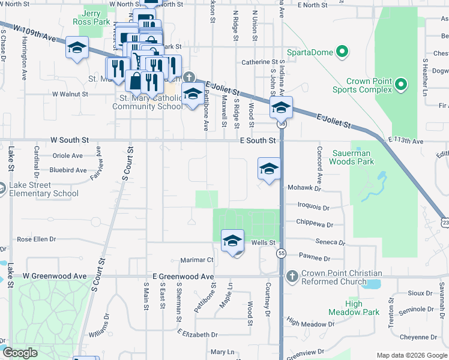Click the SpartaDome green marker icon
pyautogui.click(x=343, y=52)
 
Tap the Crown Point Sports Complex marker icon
pyautogui.click(x=402, y=89)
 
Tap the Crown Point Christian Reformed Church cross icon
pyautogui.click(x=292, y=277)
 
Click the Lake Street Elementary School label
pyautogui.click(x=44, y=189)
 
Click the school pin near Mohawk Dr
pyautogui.click(x=270, y=170)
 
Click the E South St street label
pyautogui.click(x=258, y=140)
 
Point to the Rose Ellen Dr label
pyautogui.click(x=36, y=239)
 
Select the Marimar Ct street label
pyautogui.click(x=197, y=260)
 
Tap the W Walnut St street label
pyautogui.click(x=70, y=94)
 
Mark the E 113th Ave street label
pyautogui.click(x=406, y=141)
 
